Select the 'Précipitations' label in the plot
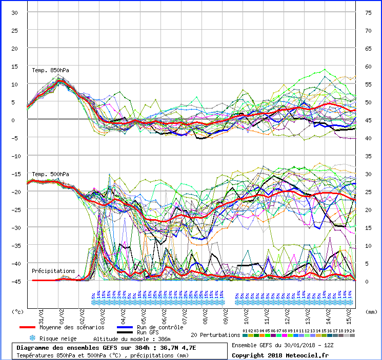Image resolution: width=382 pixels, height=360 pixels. [x=53, y=271]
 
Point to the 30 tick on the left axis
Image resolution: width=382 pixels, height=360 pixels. [x=15, y=13]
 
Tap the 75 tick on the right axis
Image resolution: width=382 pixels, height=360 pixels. [x=368, y=13]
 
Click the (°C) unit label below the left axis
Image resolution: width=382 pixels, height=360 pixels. [x=18, y=311]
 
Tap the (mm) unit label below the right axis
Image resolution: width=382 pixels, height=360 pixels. [x=371, y=311]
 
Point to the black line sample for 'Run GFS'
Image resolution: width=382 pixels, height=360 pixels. [x=131, y=332]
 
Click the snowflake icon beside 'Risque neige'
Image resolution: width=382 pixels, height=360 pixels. [x=32, y=338]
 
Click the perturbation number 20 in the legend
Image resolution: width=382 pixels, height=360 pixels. [x=353, y=331]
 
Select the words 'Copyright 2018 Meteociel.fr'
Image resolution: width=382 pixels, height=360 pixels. [x=280, y=355]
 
